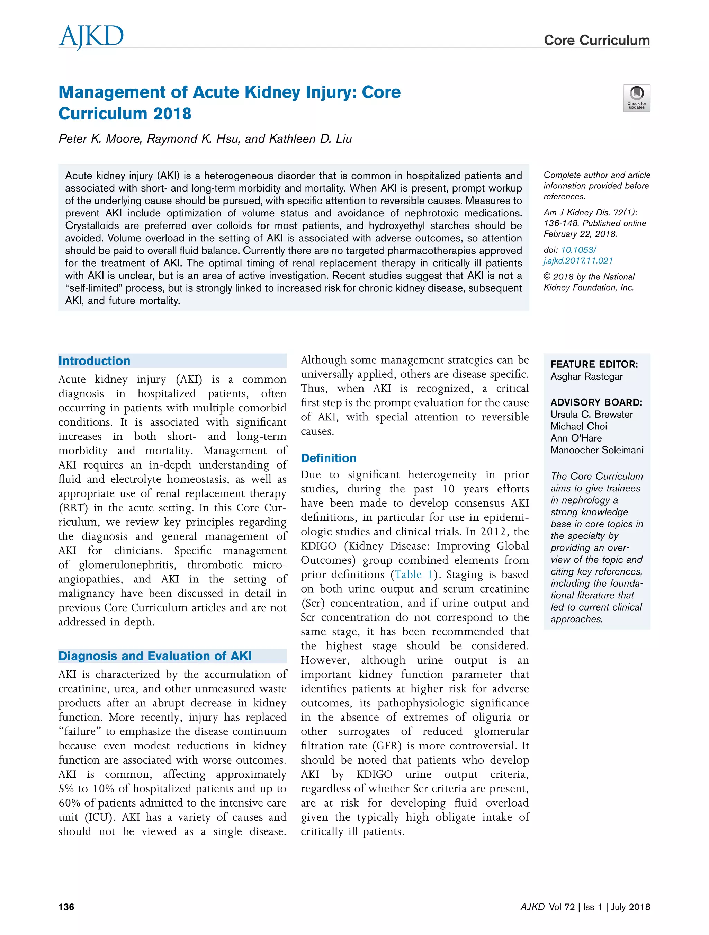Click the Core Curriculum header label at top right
click(596, 40)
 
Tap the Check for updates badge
click(636, 98)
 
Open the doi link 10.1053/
click(578, 250)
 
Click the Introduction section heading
click(94, 360)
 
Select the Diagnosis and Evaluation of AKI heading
click(155, 656)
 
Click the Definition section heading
click(328, 458)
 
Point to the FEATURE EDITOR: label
click(594, 364)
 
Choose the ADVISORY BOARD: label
click(596, 402)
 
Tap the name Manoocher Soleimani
click(596, 450)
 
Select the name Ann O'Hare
click(575, 438)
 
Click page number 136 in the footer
click(66, 907)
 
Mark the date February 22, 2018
click(580, 234)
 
